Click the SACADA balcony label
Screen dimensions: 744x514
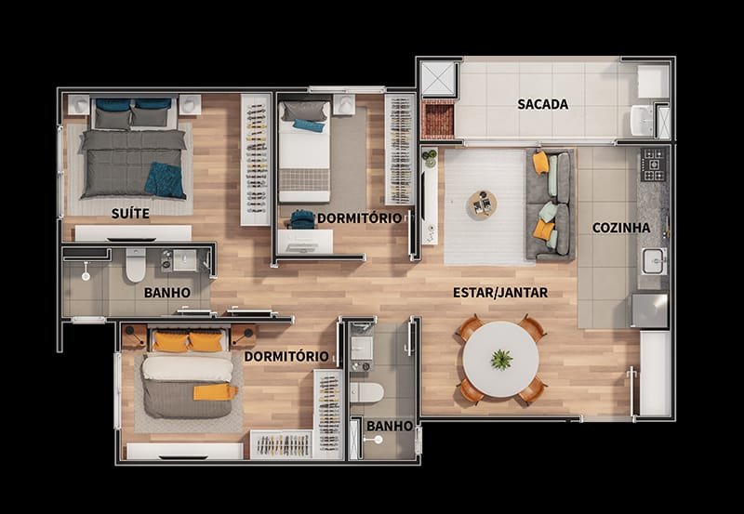tap(543, 104)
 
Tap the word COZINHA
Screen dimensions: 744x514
tap(621, 228)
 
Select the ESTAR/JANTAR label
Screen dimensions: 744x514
tap(500, 293)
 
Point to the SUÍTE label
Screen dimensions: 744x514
tap(130, 214)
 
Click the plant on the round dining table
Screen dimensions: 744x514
tap(501, 359)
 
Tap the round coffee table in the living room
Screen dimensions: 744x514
tap(482, 205)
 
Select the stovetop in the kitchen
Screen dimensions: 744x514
tap(654, 165)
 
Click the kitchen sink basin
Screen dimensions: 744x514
tap(655, 261)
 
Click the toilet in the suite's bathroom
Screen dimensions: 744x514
tap(136, 265)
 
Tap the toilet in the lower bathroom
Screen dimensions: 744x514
tap(366, 392)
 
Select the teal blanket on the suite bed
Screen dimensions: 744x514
tap(166, 180)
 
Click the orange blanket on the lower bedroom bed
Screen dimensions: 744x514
tap(215, 392)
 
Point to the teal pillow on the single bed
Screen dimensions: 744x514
tap(309, 125)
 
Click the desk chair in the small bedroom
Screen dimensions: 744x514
tap(303, 219)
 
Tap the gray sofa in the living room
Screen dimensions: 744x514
tap(551, 205)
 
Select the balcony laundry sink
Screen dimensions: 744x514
tap(642, 121)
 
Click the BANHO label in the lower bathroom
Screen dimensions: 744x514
tap(390, 426)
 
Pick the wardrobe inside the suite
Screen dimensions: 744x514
tap(255, 160)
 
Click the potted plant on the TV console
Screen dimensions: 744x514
tap(431, 158)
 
